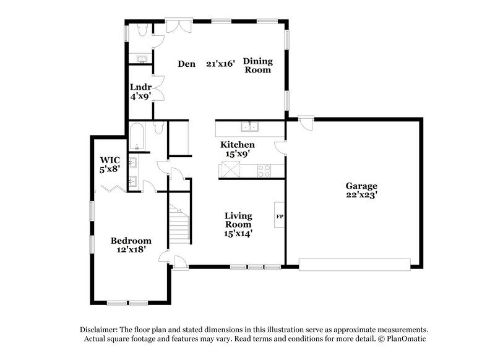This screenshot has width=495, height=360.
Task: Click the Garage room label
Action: [x=362, y=186]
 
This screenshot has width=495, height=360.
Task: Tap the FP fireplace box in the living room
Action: [x=280, y=217]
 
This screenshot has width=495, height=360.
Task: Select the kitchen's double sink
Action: [x=252, y=128]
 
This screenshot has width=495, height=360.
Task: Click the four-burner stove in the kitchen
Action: [x=264, y=170]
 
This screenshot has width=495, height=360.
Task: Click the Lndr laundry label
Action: [x=140, y=87]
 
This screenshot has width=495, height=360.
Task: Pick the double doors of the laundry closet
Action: [x=158, y=87]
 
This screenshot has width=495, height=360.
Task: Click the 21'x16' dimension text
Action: [x=221, y=63]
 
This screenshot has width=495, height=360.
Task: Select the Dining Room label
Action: [x=257, y=65]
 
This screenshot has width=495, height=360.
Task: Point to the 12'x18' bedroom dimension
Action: [x=131, y=251]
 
